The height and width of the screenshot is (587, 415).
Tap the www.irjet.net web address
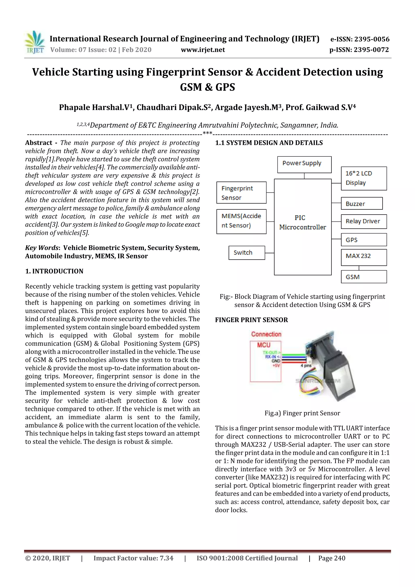click(x=203, y=50)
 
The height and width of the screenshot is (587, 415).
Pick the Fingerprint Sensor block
click(x=241, y=193)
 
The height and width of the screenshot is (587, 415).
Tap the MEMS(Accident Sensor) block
click(x=241, y=221)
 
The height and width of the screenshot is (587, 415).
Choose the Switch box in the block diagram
click(x=246, y=253)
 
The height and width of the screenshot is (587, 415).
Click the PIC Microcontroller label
click(x=303, y=222)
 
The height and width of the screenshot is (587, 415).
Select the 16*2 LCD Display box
click(x=364, y=178)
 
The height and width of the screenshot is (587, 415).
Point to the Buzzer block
click(x=362, y=203)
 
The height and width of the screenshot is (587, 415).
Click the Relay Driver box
click(x=364, y=221)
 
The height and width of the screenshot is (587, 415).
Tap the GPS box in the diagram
click(x=364, y=240)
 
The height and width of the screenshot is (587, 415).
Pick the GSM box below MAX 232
click(x=364, y=277)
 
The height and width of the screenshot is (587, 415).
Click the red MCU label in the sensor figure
click(x=264, y=345)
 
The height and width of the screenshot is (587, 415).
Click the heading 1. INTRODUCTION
click(x=54, y=271)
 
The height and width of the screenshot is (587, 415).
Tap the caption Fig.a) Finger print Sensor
click(x=302, y=413)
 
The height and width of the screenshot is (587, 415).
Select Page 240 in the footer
click(x=332, y=558)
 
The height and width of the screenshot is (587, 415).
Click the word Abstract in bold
click(x=39, y=143)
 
